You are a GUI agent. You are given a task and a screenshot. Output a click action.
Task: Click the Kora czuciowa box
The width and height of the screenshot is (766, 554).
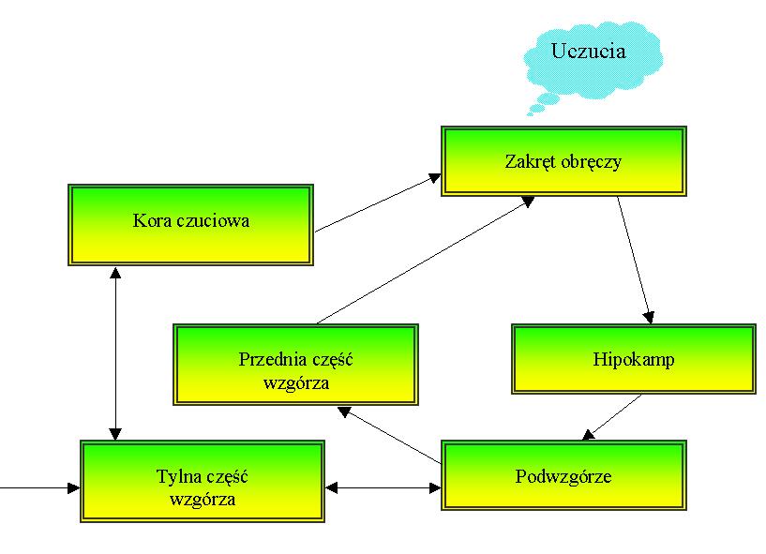(x=191, y=224)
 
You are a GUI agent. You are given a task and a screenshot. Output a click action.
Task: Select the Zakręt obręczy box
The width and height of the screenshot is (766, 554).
(x=563, y=161)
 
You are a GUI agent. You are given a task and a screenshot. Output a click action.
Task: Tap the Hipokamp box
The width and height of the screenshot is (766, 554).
(x=633, y=360)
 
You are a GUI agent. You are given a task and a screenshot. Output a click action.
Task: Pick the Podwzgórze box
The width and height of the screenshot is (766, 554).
(x=563, y=476)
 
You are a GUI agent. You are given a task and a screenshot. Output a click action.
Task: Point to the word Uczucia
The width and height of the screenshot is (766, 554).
(x=589, y=51)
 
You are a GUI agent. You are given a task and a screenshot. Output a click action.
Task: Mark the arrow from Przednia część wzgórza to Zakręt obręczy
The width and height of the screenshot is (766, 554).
(x=422, y=260)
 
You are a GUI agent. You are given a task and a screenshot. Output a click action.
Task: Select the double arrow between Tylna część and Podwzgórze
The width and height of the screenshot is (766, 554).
(x=383, y=487)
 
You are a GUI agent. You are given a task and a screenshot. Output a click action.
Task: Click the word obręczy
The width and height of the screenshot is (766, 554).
(x=594, y=161)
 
